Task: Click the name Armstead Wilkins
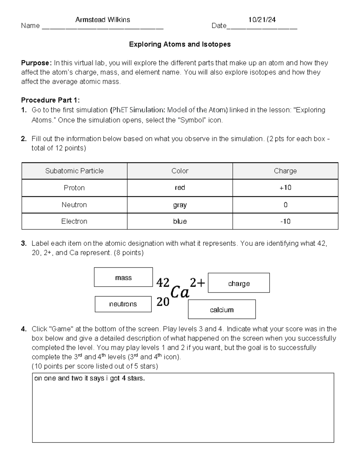click(x=103, y=20)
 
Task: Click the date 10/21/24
click(x=262, y=20)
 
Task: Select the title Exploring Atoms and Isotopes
click(x=180, y=44)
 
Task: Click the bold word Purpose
click(x=36, y=63)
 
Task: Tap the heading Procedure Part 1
click(x=50, y=100)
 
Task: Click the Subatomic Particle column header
click(x=74, y=171)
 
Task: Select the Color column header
click(x=180, y=171)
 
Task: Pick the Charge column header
click(x=285, y=171)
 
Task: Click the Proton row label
click(x=74, y=188)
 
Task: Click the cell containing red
click(x=180, y=188)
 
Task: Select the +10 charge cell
click(x=285, y=188)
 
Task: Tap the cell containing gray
click(x=180, y=205)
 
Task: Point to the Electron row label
click(x=74, y=221)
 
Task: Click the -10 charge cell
click(x=285, y=221)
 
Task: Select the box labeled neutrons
click(x=123, y=304)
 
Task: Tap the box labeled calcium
click(x=222, y=310)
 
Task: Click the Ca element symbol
click(x=180, y=292)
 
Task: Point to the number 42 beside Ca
click(x=163, y=282)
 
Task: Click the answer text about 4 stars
click(x=89, y=378)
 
